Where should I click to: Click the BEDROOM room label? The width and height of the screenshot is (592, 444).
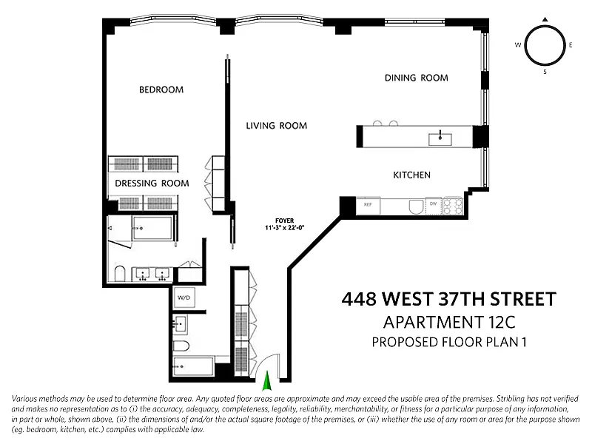[x=161, y=90]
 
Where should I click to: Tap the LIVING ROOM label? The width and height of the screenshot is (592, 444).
[x=276, y=126]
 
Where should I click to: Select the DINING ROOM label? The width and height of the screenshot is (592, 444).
[x=417, y=78]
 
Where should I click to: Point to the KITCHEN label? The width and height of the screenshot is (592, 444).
[x=411, y=175]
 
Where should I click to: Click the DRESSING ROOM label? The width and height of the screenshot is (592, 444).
[x=152, y=183]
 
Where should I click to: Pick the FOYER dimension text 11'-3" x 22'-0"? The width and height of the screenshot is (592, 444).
[x=285, y=228]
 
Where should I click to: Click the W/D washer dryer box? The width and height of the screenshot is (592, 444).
[x=184, y=297]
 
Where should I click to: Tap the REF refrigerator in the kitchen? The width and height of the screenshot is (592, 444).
[x=368, y=206]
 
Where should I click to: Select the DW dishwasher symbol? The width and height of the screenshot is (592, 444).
[x=434, y=206]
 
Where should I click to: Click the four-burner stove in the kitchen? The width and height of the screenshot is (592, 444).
[x=453, y=206]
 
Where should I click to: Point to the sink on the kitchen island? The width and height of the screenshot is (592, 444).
[x=440, y=138]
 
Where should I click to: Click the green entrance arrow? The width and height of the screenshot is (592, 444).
[x=267, y=380]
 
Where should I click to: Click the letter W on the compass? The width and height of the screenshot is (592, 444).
[x=518, y=45]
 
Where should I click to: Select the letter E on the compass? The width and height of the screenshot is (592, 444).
[x=571, y=45]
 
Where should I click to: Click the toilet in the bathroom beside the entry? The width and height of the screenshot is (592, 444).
[x=181, y=346]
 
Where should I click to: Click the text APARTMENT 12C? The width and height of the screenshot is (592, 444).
[x=449, y=323]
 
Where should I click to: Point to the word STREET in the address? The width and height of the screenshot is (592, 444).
[x=523, y=299]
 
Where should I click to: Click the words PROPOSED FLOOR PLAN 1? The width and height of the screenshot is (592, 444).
[x=449, y=342]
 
